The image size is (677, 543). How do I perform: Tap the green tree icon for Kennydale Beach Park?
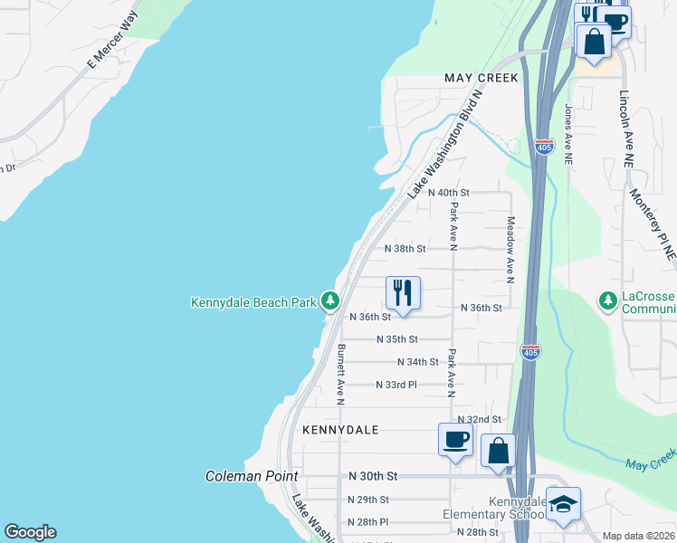331,300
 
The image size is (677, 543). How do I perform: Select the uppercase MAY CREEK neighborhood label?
482,78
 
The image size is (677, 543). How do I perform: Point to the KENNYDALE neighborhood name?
340,429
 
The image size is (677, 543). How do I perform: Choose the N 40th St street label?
449,193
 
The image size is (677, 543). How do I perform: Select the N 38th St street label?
405,248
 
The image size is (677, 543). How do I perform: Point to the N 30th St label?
373,476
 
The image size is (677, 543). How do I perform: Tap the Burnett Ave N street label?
341,373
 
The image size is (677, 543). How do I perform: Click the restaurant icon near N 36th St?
403,293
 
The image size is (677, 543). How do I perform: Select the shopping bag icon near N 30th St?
498,450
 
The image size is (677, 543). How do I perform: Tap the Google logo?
31,532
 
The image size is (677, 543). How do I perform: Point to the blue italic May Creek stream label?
650,464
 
